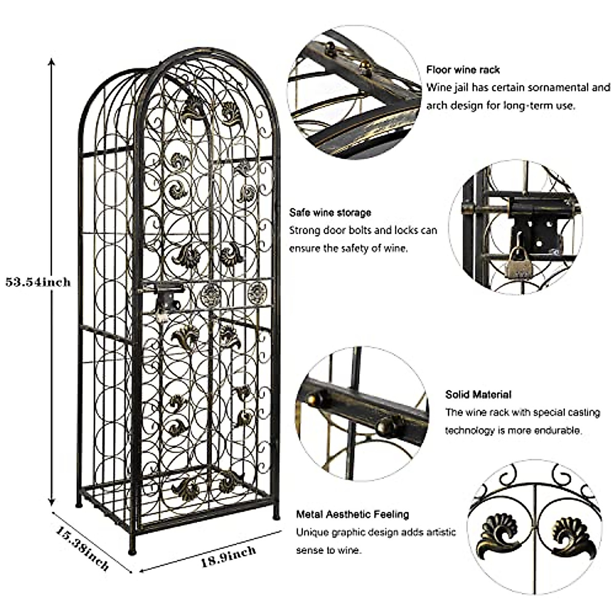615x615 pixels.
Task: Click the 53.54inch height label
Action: (x=38, y=281)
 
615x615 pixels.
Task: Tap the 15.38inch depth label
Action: (x=82, y=548)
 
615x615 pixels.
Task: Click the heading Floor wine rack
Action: (x=463, y=70)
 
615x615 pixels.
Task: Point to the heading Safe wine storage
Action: (x=330, y=212)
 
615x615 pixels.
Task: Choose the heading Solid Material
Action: (x=478, y=394)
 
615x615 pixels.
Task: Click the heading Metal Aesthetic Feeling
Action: (x=353, y=514)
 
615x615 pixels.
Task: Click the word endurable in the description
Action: (x=560, y=430)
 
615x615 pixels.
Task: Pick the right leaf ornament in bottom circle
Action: (x=572, y=538)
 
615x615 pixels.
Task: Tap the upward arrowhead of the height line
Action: (x=51, y=61)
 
